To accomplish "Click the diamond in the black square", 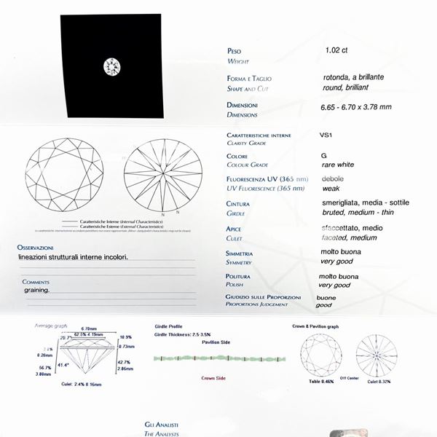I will [x=112, y=66].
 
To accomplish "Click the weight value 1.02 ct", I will [x=338, y=52].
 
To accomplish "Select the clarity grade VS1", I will [x=326, y=135].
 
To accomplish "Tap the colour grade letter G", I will [x=323, y=156].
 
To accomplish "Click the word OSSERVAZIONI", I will [x=35, y=248].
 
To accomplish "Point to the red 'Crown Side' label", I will [x=213, y=378].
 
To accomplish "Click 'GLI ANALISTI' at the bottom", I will [x=162, y=425].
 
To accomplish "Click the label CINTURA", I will [x=238, y=205].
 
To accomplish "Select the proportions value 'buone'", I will [x=327, y=298].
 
